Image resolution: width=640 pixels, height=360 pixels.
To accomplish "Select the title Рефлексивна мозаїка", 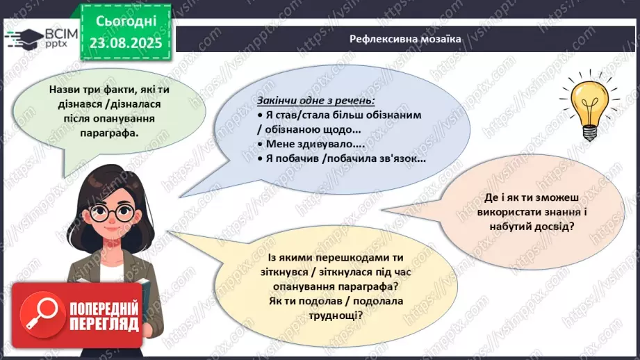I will point(405,38).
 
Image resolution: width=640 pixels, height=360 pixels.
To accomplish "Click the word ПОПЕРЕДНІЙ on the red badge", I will point(104,309).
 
